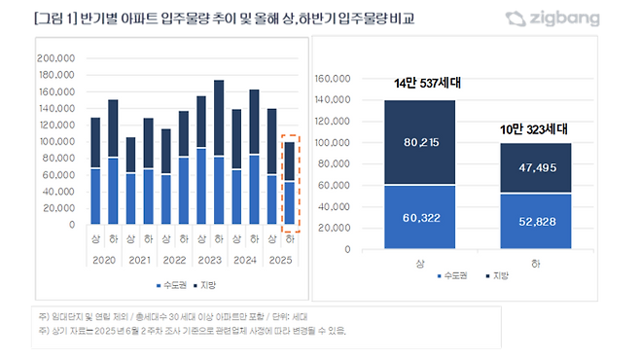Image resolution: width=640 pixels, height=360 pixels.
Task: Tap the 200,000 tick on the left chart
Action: pos(56,58)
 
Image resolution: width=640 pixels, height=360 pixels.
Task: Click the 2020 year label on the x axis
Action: pos(102,261)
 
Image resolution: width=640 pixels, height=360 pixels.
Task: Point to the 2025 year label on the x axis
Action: pos(280,261)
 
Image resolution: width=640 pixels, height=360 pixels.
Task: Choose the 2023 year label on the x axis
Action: pos(209,261)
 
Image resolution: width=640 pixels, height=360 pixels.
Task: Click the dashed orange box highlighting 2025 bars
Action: pos(290,183)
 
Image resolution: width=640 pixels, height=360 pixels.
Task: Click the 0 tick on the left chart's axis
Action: pos(72,225)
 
